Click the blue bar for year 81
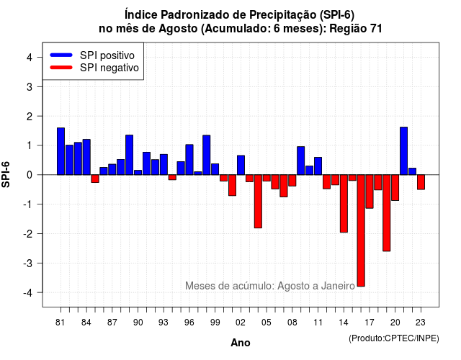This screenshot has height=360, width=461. pos(61,151)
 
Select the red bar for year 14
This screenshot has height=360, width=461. pos(344,203)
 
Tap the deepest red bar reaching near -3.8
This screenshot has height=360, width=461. pos(361,230)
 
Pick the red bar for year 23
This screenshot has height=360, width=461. pos(421,182)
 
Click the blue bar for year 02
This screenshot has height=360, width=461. pos(241,165)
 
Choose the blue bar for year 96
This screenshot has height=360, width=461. pos(189,160)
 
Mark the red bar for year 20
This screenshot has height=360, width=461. pos(395,188)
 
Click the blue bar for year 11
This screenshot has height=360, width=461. pos(318,166)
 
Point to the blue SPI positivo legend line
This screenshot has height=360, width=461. pos(61,55)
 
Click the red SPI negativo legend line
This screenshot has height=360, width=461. pos(61,68)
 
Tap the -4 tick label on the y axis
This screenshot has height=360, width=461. pos(29,292)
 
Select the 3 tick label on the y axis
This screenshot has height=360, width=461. pos(30,86)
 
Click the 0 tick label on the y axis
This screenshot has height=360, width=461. pos(30,175)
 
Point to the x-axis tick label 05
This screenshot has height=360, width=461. pos(267,323)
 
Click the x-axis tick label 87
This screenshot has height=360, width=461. pos(112,323)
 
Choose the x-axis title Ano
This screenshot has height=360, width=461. pos(240,343)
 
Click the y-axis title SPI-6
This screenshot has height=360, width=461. pos(6,174)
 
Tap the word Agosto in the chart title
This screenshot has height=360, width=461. pos(178,29)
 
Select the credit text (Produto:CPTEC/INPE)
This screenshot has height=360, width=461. pos(394,338)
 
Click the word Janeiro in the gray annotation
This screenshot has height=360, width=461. pos(338,286)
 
